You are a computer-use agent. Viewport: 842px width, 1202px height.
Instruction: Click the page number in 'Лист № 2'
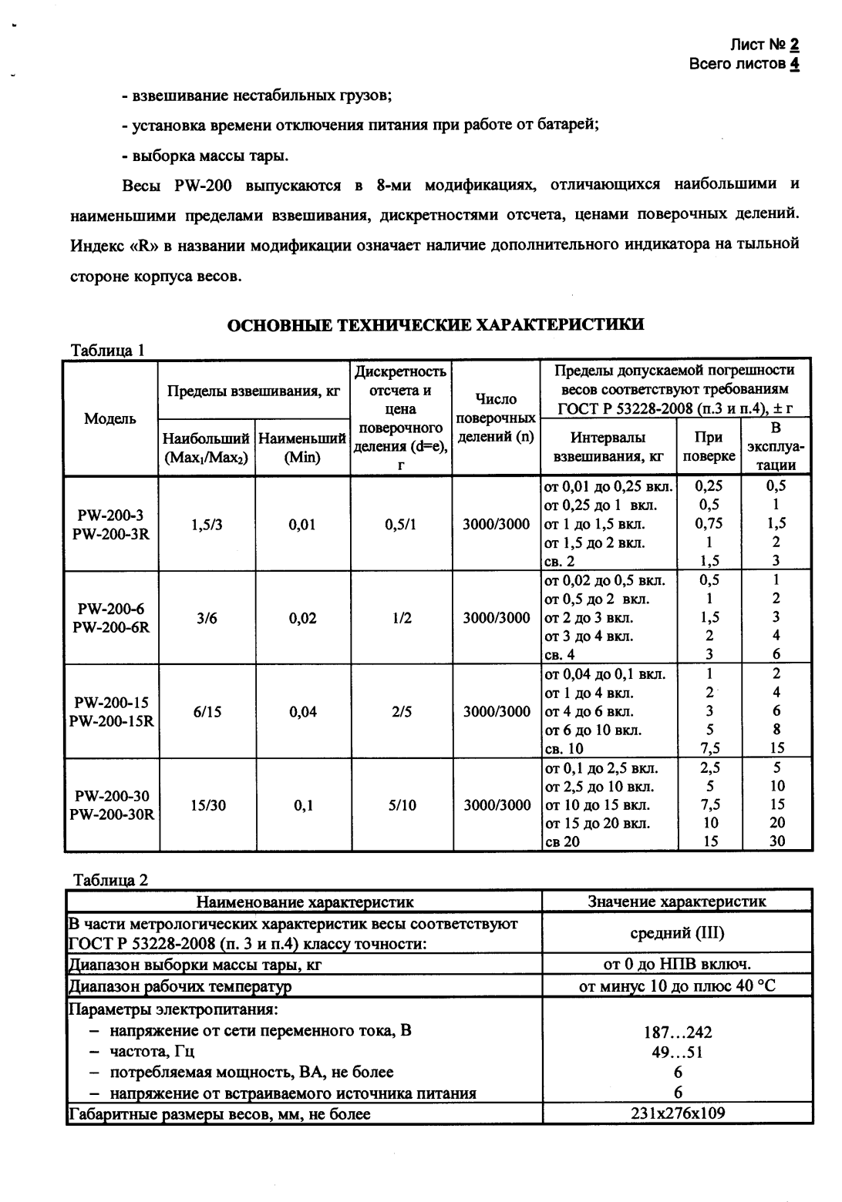[x=794, y=45]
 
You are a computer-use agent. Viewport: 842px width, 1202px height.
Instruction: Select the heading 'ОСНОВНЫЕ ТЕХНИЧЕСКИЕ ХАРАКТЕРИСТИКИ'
[x=436, y=324]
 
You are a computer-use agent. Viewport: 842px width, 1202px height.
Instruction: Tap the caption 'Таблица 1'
[x=108, y=351]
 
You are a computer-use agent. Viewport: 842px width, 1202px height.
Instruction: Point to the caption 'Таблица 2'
[x=109, y=880]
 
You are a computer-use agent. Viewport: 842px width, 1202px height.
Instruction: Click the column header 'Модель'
[x=110, y=418]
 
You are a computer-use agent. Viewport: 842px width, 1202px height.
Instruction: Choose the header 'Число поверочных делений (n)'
[x=496, y=418]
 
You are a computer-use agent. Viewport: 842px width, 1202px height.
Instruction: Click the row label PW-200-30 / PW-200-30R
[x=111, y=805]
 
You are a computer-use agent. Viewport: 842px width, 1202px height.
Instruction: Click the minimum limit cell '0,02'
[x=302, y=618]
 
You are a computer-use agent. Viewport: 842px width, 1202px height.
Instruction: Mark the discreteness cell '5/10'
[x=401, y=805]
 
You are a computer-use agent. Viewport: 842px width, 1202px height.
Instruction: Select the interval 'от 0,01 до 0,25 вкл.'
[x=608, y=487]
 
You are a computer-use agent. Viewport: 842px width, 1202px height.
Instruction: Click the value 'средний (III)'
[x=677, y=933]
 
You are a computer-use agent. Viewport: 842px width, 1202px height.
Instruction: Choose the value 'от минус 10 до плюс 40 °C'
[x=677, y=986]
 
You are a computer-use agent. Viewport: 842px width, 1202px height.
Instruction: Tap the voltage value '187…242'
[x=677, y=1032]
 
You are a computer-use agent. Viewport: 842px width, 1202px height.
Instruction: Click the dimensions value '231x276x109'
[x=677, y=1113]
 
